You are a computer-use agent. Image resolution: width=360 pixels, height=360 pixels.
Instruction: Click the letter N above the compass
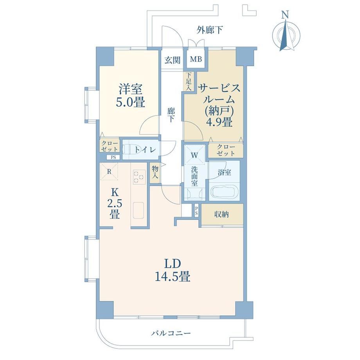pyautogui.click(x=285, y=15)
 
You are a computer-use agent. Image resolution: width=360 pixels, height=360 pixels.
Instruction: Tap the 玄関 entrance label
pyautogui.click(x=173, y=60)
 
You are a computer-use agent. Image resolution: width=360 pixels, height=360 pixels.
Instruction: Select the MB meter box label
pyautogui.click(x=196, y=59)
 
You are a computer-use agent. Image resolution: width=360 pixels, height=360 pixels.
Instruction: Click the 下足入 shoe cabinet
pyautogui.click(x=189, y=81)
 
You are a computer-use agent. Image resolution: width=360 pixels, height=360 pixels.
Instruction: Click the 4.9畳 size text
pyautogui.click(x=219, y=122)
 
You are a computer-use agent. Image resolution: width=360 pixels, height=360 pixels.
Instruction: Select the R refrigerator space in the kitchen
pyautogui.click(x=109, y=172)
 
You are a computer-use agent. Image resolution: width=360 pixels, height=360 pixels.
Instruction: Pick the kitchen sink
pyautogui.click(x=139, y=210)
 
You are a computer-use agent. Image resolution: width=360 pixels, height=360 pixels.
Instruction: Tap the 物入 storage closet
pyautogui.click(x=155, y=173)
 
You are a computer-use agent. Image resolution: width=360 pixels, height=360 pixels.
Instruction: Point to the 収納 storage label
pyautogui.click(x=221, y=214)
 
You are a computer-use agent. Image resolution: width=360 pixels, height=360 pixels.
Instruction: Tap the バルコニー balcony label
pyautogui.click(x=171, y=333)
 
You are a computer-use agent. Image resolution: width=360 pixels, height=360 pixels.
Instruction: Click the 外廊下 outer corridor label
pyautogui.click(x=209, y=30)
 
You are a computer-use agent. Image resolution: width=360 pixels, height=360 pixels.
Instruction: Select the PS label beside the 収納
pyautogui.click(x=196, y=211)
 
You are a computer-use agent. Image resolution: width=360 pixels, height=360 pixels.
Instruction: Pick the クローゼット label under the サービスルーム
pyautogui.click(x=226, y=150)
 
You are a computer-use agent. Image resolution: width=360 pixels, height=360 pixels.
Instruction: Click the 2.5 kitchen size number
pyautogui.click(x=115, y=203)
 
